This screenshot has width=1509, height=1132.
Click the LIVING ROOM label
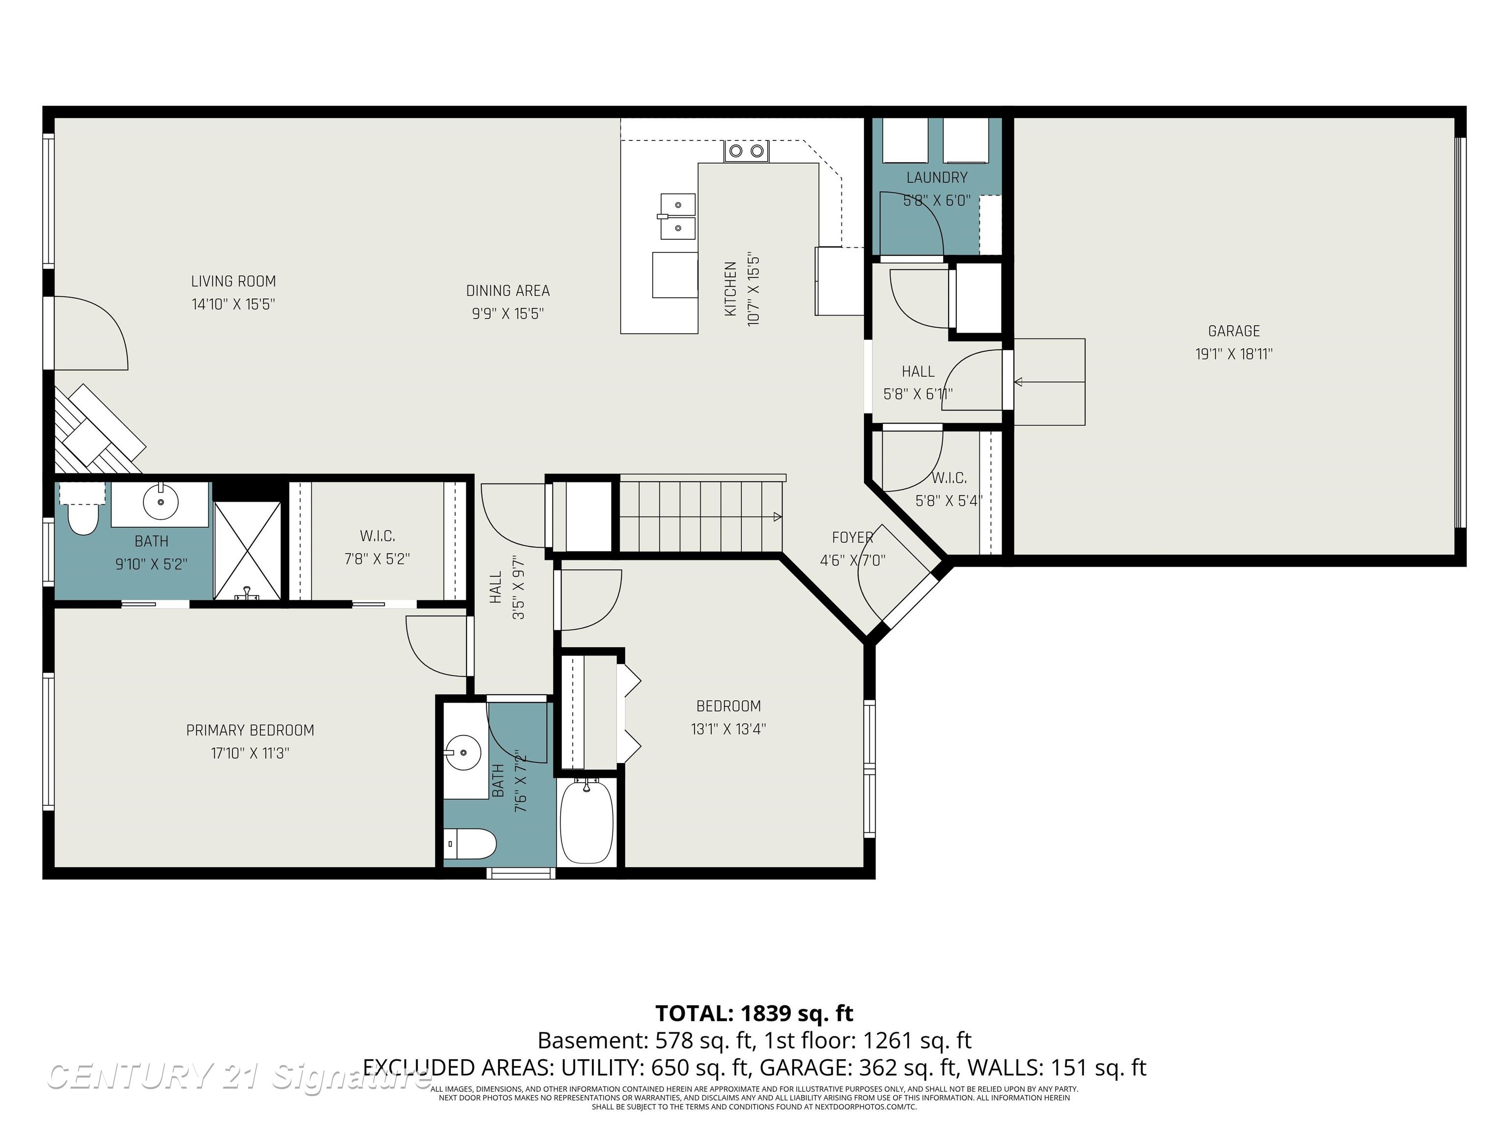click(233, 281)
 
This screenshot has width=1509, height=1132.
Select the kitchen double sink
click(677, 216)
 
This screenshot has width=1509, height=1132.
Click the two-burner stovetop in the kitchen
click(746, 151)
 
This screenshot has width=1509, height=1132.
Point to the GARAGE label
click(1233, 331)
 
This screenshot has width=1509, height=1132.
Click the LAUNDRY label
click(937, 177)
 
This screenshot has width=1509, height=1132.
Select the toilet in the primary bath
click(83, 518)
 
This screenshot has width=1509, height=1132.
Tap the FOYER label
click(852, 538)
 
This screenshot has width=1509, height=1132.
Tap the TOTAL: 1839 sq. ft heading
click(754, 1013)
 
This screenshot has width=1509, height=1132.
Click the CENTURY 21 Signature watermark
click(239, 1077)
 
